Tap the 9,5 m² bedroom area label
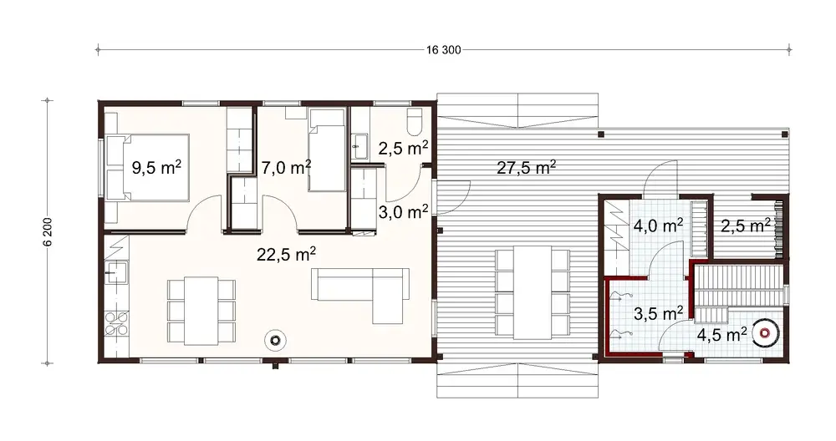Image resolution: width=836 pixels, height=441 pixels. point(157,167)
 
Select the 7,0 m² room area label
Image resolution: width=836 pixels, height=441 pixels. point(285,167)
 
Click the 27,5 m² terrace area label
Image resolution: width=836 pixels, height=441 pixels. point(527,167)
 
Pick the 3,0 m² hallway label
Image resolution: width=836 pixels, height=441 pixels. point(403,211)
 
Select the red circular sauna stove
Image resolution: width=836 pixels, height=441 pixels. point(763,332)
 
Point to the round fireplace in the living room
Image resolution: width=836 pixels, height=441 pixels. point(275,339)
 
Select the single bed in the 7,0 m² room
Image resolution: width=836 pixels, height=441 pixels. point(325,150)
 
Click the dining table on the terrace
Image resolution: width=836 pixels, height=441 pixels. point(531,292)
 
